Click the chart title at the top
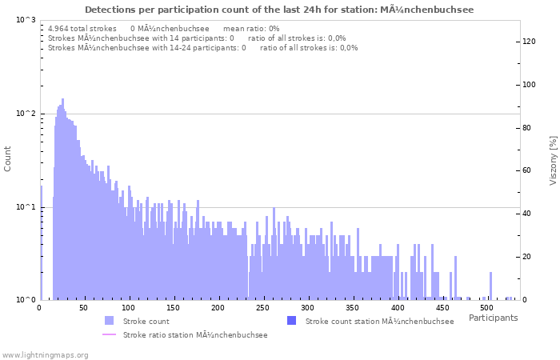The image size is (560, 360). click(279, 10)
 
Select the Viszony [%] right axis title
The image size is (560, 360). click(553, 160)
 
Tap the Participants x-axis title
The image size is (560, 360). click(493, 318)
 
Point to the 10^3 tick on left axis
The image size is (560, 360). click(26, 20)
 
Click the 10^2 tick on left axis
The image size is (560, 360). click(26, 114)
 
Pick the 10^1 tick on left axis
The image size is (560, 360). click(26, 207)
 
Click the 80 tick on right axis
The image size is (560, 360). click(528, 128)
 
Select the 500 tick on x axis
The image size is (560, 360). click(486, 308)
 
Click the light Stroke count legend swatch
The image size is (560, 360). click(110, 321)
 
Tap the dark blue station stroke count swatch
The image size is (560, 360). click(291, 321)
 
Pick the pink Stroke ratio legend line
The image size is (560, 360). click(110, 335)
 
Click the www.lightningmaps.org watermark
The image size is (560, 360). click(45, 354)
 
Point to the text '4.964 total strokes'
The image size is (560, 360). click(82, 28)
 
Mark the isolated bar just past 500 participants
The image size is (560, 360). click(490, 286)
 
